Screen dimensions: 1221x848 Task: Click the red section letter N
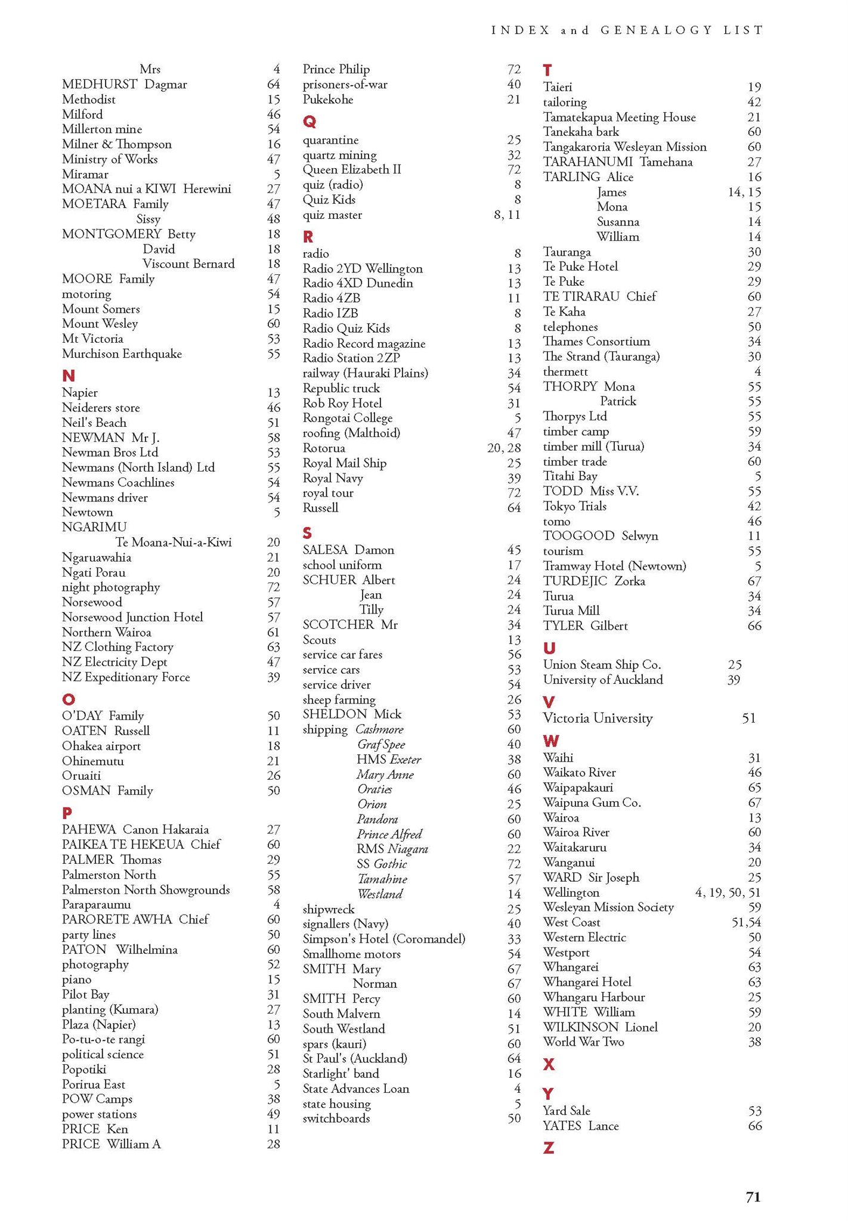[69, 376]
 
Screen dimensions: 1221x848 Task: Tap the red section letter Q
[309, 122]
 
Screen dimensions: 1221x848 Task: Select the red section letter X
[549, 1064]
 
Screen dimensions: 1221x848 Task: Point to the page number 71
[753, 1197]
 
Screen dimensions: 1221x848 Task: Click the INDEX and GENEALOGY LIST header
[627, 30]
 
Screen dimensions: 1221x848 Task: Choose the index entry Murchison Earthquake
[122, 354]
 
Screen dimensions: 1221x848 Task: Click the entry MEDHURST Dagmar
[124, 85]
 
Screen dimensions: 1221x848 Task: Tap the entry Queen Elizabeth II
[352, 169]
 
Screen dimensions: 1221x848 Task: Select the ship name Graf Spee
[381, 744]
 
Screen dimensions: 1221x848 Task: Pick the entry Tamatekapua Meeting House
[619, 117]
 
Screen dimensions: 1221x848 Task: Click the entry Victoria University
[598, 718]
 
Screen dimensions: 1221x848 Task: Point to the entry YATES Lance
[581, 1126]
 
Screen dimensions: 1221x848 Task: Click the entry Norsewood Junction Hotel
[132, 617]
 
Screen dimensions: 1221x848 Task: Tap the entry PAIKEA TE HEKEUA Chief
[141, 844]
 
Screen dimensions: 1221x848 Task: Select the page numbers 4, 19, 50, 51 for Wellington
[728, 892]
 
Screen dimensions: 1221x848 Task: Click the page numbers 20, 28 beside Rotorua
[503, 448]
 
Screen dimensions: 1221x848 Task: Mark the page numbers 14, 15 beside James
[744, 192]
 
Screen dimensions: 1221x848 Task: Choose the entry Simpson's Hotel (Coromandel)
[384, 939]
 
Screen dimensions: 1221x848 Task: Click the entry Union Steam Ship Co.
[602, 665]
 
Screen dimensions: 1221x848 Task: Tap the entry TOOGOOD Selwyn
[601, 536]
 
